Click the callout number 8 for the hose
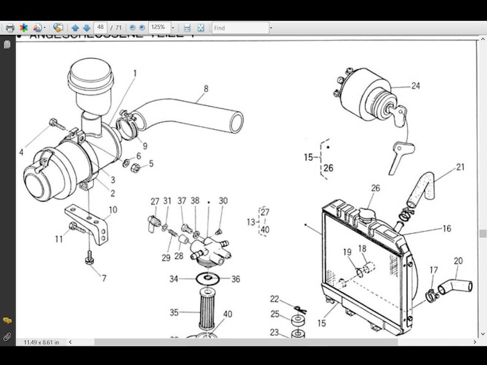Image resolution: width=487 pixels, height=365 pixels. (x=206, y=89)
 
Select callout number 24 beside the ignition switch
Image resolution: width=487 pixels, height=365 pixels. (x=416, y=86)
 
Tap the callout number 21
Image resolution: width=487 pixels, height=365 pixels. (x=460, y=167)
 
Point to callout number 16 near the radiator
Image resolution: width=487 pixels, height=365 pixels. (x=447, y=228)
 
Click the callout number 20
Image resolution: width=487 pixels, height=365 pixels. (x=458, y=261)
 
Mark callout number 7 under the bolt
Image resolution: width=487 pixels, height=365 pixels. (x=104, y=278)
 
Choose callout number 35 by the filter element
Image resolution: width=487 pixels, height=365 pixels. (x=174, y=312)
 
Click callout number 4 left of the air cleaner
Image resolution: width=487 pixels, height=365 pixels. (x=21, y=152)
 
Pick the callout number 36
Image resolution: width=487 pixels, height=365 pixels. (x=236, y=279)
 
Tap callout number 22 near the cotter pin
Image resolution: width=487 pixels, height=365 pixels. (x=275, y=299)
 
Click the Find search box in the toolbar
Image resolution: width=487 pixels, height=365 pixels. (x=240, y=28)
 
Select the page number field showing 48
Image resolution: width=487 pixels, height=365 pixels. (x=101, y=28)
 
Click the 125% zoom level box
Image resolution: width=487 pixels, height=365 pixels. (x=158, y=28)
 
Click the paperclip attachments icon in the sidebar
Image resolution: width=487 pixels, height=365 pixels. (x=7, y=336)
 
